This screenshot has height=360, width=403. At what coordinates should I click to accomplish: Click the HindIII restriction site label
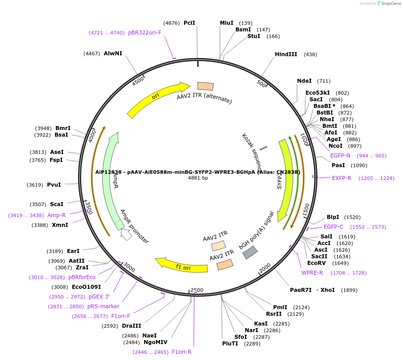click(x=286, y=54)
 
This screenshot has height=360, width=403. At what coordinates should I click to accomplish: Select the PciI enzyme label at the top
click(x=189, y=23)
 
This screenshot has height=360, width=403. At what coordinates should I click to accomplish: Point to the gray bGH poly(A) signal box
click(x=250, y=253)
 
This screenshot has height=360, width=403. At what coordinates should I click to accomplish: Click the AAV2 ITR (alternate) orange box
click(x=205, y=87)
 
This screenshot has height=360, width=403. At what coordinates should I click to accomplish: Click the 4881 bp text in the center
click(x=198, y=178)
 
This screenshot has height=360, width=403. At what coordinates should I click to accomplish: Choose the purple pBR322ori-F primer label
click(x=145, y=33)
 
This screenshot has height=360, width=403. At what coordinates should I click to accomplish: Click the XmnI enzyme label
click(x=60, y=225)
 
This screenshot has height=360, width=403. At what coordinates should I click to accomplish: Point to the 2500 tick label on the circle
click(x=196, y=290)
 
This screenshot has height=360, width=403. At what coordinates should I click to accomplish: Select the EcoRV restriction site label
click(x=316, y=263)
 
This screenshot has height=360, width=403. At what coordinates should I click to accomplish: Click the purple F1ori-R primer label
click(x=182, y=352)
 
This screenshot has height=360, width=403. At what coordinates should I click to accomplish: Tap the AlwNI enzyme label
click(x=113, y=54)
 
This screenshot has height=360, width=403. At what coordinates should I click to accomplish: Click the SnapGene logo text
click(x=390, y=4)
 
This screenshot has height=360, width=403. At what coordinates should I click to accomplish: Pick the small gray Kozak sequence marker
click(x=263, y=148)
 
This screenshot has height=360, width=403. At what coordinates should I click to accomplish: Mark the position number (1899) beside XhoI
click(x=350, y=290)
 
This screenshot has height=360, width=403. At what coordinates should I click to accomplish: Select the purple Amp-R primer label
click(x=57, y=215)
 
